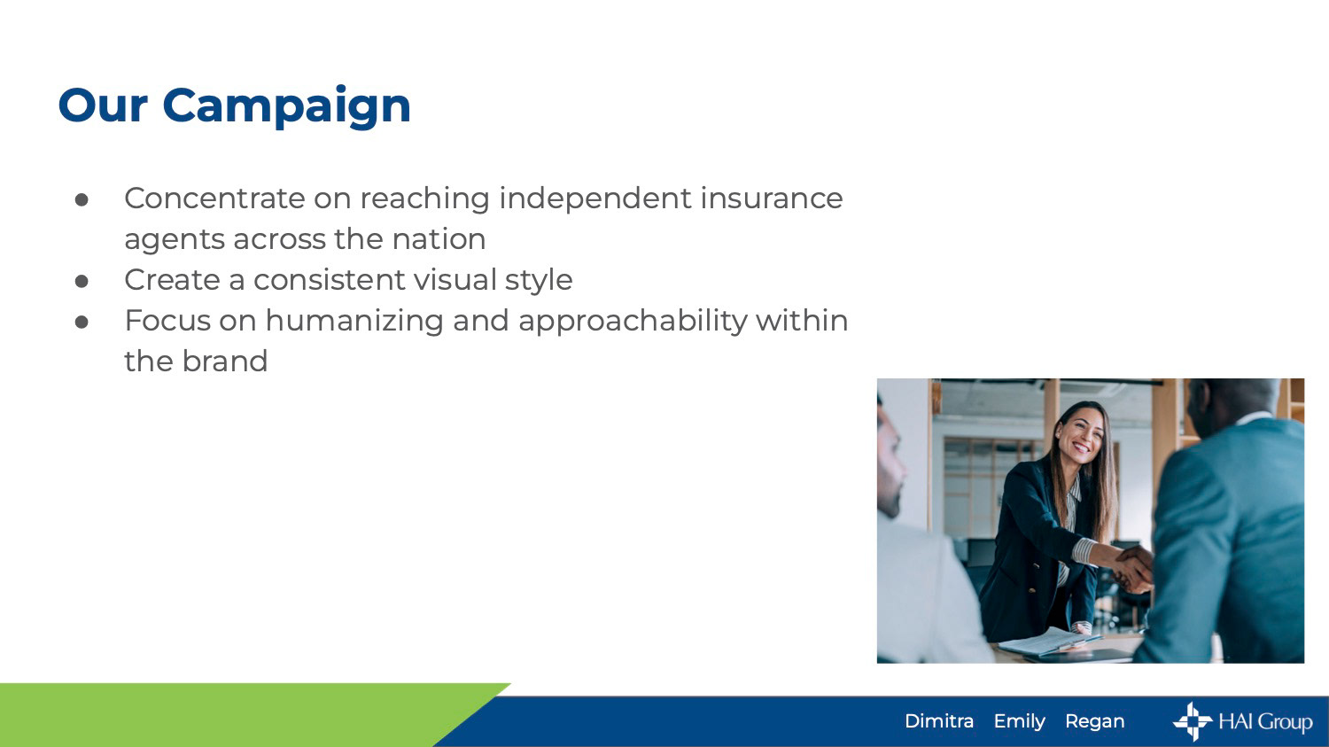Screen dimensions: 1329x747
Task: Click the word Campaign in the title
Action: pyautogui.click(x=286, y=107)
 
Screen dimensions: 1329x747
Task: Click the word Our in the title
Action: pyautogui.click(x=103, y=106)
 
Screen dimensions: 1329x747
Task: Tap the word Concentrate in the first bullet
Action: pyautogui.click(x=214, y=198)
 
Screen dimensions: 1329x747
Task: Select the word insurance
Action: pyautogui.click(x=772, y=198)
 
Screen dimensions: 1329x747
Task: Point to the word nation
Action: pyautogui.click(x=439, y=239)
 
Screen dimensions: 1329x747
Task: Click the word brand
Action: pyautogui.click(x=225, y=361)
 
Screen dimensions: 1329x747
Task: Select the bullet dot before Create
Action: pyautogui.click(x=82, y=281)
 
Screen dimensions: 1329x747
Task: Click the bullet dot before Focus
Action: pyautogui.click(x=82, y=322)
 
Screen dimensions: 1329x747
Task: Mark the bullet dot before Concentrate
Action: pyautogui.click(x=82, y=199)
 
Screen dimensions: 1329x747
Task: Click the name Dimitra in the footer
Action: pyautogui.click(x=939, y=721)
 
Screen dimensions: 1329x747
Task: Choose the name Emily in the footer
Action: pyautogui.click(x=1019, y=722)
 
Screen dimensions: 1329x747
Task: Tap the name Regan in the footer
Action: pyautogui.click(x=1094, y=722)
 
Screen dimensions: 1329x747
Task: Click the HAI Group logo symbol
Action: pyautogui.click(x=1193, y=721)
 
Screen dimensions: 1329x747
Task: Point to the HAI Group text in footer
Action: pyautogui.click(x=1265, y=722)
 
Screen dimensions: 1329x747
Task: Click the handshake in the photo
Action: pyautogui.click(x=1134, y=567)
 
